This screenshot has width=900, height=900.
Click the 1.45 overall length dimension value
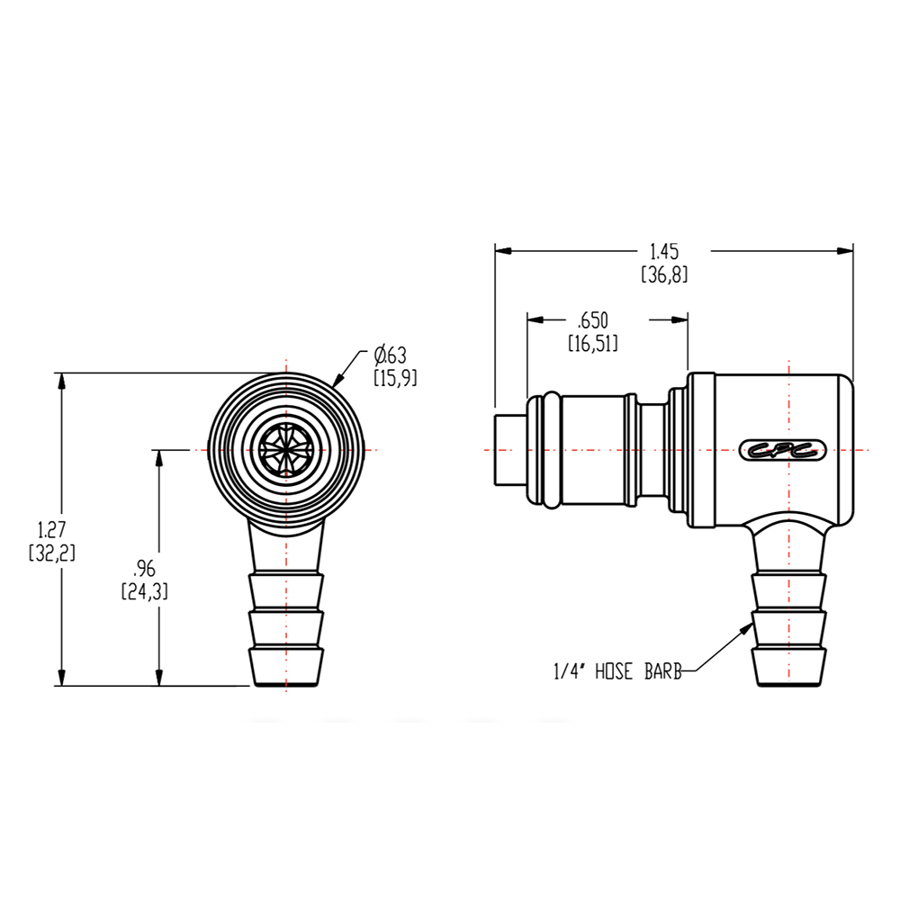(x=665, y=251)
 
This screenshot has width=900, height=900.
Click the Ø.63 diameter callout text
(x=394, y=355)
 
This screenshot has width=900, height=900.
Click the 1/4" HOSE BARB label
(x=618, y=671)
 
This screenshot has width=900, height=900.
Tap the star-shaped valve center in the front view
(x=286, y=449)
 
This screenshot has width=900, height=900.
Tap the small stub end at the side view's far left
(x=509, y=449)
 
